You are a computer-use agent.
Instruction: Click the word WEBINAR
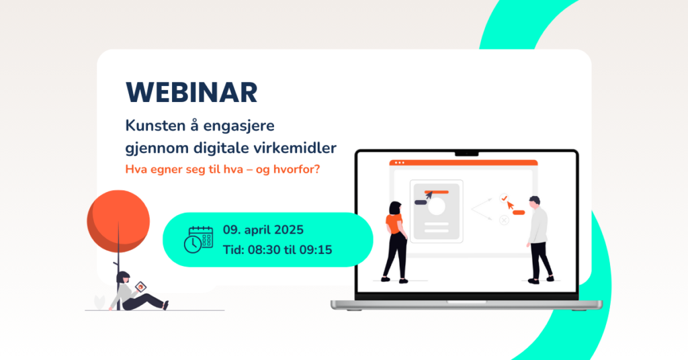(191, 93)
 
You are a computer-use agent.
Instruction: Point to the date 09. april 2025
(263, 230)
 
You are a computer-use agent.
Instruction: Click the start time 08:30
(264, 250)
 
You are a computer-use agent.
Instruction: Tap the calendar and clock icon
(198, 239)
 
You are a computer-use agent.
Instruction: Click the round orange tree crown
(118, 221)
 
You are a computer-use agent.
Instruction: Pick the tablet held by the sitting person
(140, 287)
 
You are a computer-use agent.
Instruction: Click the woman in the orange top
(395, 242)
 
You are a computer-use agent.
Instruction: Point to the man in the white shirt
(538, 239)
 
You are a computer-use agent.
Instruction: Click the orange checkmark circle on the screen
(504, 198)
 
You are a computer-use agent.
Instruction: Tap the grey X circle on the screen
(504, 220)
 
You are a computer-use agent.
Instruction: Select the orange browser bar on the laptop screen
(464, 163)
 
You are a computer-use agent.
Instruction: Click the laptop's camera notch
(466, 154)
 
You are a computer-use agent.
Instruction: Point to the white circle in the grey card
(437, 206)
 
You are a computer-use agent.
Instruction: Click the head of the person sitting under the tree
(123, 277)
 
